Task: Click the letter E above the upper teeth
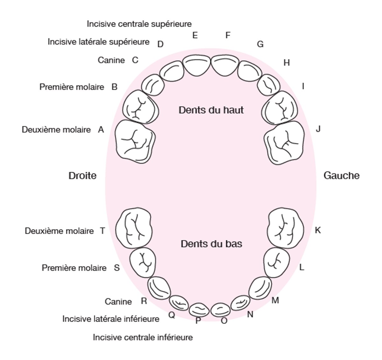(x=195, y=35)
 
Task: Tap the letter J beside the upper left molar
(x=318, y=129)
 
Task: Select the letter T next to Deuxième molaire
(x=102, y=231)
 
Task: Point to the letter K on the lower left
(x=318, y=230)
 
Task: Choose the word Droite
(x=82, y=176)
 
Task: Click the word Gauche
(x=342, y=176)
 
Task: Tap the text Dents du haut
(x=211, y=110)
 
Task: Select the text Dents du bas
(x=211, y=244)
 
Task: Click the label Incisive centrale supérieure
(x=139, y=24)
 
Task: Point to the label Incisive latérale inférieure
(x=111, y=319)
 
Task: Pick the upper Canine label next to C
(x=111, y=60)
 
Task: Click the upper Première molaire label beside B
(x=72, y=87)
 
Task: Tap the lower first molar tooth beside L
(x=276, y=262)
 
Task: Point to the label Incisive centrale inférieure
(x=143, y=337)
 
